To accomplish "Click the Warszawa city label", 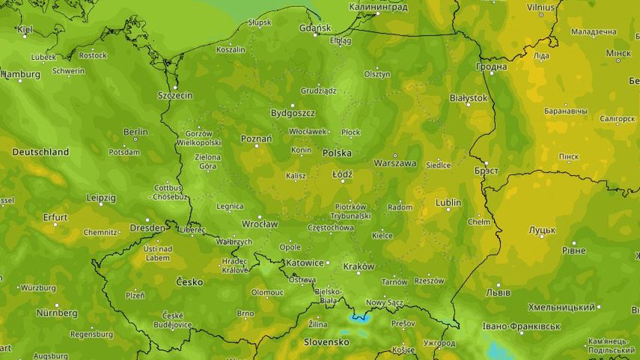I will (x=394, y=162).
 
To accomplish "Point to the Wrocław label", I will (x=260, y=224).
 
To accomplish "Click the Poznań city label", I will (x=256, y=138).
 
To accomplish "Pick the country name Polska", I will (x=337, y=153).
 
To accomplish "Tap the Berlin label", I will (x=135, y=132).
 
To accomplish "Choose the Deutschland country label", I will (x=40, y=152).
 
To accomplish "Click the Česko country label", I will (x=189, y=282).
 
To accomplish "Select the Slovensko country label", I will (x=326, y=341).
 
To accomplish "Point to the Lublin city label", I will (x=448, y=203).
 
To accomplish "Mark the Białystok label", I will (x=469, y=98).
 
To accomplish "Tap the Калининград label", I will (x=378, y=7).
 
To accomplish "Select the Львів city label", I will (x=498, y=291).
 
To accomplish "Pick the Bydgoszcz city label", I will (x=293, y=113).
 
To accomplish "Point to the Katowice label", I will (x=305, y=263).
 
